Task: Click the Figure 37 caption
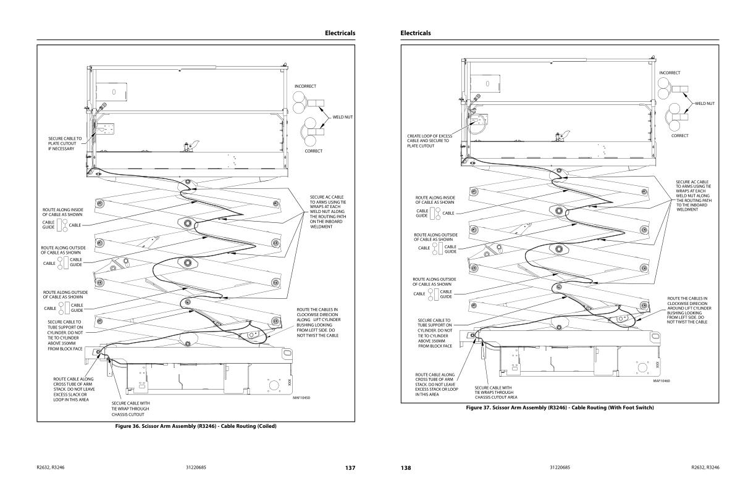pos(560,407)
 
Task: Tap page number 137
pos(350,468)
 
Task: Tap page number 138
pos(406,468)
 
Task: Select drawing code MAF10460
pos(661,381)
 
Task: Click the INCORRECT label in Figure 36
pos(305,85)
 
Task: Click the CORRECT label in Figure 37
pos(679,136)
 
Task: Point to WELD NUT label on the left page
pos(343,116)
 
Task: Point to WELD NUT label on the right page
pos(704,103)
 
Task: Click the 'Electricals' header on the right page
pos(416,33)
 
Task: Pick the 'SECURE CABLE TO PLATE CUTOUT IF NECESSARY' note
pos(65,144)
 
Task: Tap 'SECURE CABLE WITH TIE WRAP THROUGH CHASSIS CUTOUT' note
pos(130,408)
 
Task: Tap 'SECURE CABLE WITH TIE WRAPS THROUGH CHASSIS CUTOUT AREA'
pos(495,393)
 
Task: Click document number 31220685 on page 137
pos(196,468)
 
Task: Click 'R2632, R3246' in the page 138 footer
pos(705,468)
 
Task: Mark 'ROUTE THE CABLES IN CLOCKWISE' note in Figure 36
pos(317,322)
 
